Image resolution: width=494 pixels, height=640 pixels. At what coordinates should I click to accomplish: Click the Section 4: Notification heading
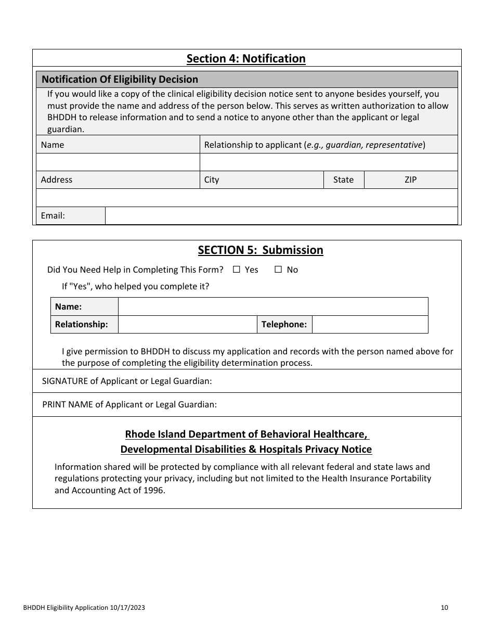pyautogui.click(x=246, y=59)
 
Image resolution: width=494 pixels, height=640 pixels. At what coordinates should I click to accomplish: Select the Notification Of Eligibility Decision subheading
pyautogui.click(x=120, y=79)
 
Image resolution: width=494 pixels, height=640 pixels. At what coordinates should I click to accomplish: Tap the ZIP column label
pyautogui.click(x=410, y=180)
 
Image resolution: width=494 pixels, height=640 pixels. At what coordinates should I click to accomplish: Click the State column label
pyautogui.click(x=343, y=180)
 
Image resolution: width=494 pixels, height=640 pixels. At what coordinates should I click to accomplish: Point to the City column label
pyautogui.click(x=212, y=180)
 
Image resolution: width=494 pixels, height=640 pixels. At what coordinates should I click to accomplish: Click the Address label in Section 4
pyautogui.click(x=57, y=180)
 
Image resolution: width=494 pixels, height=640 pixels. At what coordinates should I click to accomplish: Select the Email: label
pyautogui.click(x=53, y=215)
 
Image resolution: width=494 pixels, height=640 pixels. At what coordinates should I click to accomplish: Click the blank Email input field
pyautogui.click(x=281, y=215)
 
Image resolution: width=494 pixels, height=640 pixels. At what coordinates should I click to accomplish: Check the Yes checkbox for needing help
pyautogui.click(x=237, y=270)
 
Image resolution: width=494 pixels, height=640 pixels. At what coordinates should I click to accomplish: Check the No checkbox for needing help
pyautogui.click(x=278, y=270)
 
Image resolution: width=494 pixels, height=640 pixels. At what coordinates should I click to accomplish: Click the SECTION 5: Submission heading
pyautogui.click(x=261, y=250)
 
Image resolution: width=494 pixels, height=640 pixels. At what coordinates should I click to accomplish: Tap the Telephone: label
pyautogui.click(x=284, y=324)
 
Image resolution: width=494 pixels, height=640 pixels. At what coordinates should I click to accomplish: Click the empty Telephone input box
pyautogui.click(x=370, y=324)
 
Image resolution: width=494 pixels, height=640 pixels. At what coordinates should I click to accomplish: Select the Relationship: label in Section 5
pyautogui.click(x=82, y=324)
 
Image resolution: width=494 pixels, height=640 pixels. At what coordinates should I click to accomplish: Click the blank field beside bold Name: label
pyautogui.click(x=273, y=306)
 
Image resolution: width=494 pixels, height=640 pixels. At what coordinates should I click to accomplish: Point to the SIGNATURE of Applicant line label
pyautogui.click(x=127, y=381)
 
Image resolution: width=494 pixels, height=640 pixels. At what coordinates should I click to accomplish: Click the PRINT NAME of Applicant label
pyautogui.click(x=129, y=404)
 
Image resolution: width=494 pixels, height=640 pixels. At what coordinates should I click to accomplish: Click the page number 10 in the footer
pyautogui.click(x=444, y=607)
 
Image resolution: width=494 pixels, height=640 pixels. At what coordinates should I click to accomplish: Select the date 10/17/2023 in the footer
pyautogui.click(x=127, y=607)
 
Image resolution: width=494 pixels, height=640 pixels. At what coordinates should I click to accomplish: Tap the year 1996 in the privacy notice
pyautogui.click(x=154, y=490)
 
